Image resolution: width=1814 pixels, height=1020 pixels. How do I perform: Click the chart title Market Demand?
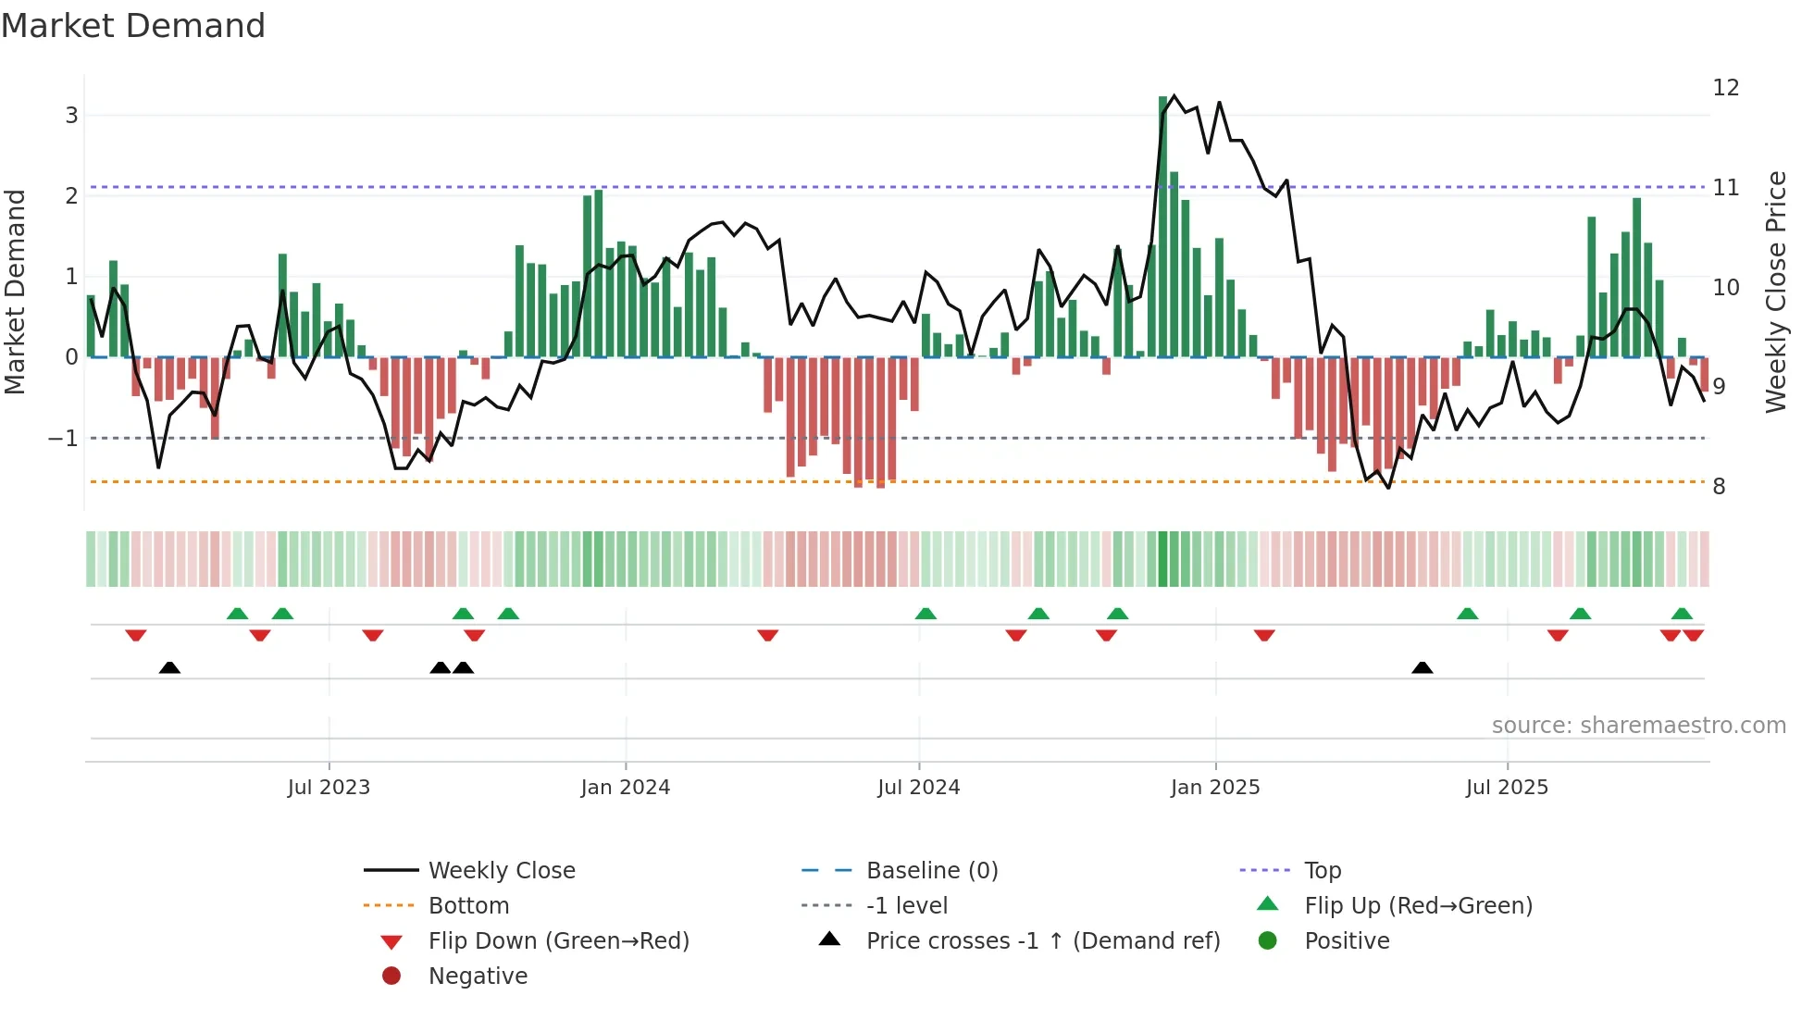tap(133, 26)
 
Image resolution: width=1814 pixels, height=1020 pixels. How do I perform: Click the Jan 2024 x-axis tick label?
tap(625, 788)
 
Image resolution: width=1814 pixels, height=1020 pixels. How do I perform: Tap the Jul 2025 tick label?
tap(1507, 788)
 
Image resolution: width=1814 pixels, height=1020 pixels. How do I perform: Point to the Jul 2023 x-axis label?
tap(329, 788)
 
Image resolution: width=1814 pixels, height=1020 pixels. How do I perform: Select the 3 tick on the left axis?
tap(71, 116)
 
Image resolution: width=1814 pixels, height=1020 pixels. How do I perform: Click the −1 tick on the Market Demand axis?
tap(64, 438)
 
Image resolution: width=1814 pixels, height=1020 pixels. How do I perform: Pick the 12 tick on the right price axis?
tap(1726, 88)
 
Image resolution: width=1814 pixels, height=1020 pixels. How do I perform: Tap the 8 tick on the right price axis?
tap(1719, 487)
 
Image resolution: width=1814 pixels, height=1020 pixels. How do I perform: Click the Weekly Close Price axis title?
tap(1775, 292)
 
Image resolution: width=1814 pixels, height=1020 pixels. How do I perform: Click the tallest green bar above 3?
tap(1163, 222)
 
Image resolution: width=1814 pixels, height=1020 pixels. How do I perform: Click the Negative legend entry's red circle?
tap(391, 976)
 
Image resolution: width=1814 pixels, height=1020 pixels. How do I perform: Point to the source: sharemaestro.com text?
tap(1638, 726)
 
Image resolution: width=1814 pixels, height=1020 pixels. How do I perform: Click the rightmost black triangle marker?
tap(1423, 668)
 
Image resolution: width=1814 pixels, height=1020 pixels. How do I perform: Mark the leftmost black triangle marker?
tap(169, 668)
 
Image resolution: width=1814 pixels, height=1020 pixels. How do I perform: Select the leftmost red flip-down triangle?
tap(136, 635)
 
